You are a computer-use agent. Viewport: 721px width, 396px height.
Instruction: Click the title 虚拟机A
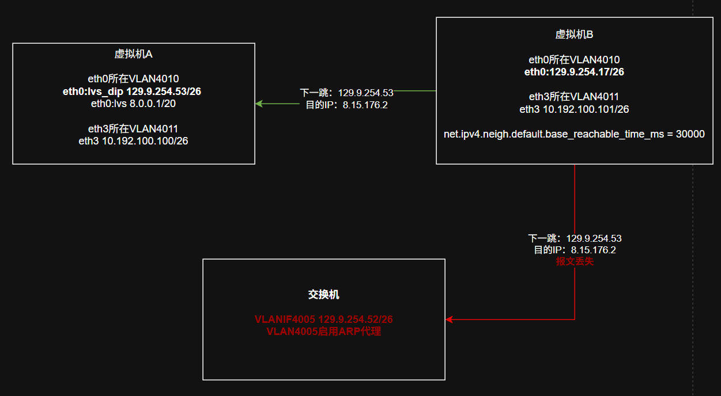pos(133,54)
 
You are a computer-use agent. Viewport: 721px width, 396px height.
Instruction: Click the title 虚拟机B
pos(574,35)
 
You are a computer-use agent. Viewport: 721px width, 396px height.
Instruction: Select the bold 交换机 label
pos(323,295)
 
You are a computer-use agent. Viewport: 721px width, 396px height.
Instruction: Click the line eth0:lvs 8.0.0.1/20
pos(133,104)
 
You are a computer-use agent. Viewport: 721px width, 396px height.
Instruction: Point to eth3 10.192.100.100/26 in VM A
pos(133,140)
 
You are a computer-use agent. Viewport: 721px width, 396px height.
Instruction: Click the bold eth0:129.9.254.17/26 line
pos(574,72)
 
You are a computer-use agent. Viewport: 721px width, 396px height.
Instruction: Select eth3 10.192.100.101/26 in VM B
pos(574,109)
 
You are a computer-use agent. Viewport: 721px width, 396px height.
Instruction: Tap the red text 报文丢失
pos(575,261)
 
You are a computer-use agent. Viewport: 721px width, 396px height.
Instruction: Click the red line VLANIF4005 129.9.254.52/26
pos(323,319)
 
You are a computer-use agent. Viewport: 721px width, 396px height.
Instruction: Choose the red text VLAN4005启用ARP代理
pos(323,332)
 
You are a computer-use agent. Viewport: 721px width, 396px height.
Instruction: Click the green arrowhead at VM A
pos(259,104)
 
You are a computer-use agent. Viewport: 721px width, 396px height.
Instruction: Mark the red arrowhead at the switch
pos(449,319)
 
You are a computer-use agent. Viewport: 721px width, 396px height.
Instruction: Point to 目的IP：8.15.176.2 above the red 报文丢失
pos(575,250)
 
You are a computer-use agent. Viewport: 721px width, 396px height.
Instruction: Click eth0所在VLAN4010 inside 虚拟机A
pos(133,79)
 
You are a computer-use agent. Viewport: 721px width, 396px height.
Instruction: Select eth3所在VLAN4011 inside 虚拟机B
pos(574,97)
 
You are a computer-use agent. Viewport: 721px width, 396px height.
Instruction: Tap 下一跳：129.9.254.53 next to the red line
pos(575,238)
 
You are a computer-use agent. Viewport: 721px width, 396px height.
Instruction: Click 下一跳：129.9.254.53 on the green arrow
pos(346,93)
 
